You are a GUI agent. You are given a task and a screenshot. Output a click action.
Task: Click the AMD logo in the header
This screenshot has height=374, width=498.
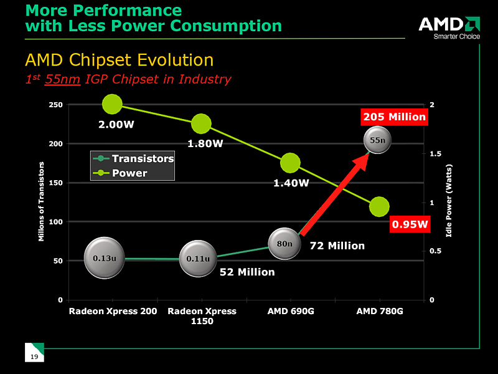point(448,27)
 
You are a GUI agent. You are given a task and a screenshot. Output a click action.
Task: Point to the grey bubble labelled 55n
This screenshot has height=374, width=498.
point(378,141)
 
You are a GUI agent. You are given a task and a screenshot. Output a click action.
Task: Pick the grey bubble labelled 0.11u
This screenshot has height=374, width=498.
point(198,258)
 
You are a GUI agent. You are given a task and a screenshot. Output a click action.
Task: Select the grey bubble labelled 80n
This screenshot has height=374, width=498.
point(284,244)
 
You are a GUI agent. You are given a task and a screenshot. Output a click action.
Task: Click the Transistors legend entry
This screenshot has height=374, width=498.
point(133,159)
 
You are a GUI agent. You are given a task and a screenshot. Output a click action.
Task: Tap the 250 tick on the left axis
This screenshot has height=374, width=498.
point(55,105)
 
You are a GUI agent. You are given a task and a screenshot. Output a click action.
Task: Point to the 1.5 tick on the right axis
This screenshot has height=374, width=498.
point(435,153)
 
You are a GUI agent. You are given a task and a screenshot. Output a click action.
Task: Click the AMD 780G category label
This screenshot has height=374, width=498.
point(379,311)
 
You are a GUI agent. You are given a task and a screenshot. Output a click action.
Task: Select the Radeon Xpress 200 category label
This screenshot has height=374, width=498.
point(113,311)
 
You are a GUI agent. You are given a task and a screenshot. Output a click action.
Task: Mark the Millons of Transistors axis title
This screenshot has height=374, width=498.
point(42,201)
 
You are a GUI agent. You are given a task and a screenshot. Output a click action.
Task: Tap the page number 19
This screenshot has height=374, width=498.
point(34,356)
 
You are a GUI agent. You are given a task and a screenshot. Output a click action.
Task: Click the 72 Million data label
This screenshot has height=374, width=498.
point(337,246)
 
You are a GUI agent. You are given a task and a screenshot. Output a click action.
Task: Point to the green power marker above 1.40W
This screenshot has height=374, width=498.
point(290,163)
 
